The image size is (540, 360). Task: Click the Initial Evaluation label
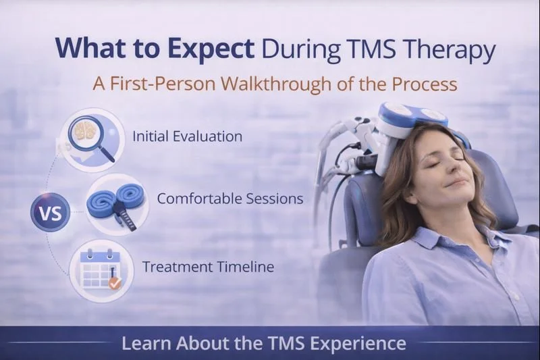point(187,136)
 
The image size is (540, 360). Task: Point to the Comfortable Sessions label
point(230,199)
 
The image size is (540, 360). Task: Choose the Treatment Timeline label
point(208,266)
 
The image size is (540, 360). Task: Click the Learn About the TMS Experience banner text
point(263,343)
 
